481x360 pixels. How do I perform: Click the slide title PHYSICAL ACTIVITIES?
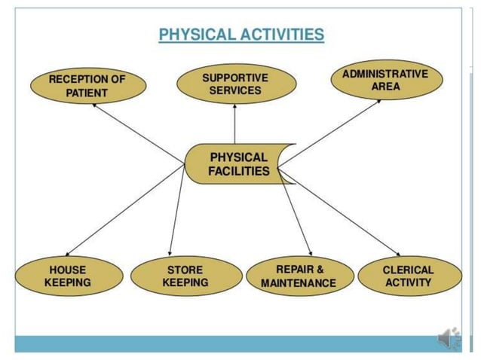tap(241, 35)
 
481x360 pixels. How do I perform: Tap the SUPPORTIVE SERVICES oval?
tap(234, 84)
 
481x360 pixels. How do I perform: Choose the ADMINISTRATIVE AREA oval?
tap(384, 81)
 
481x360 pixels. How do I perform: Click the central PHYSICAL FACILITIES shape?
tap(238, 164)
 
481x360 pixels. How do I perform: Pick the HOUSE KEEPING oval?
tap(67, 276)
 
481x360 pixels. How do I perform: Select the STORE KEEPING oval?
tap(185, 276)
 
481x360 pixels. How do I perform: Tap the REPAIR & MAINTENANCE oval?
tap(299, 276)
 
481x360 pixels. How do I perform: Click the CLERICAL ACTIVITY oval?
tap(408, 276)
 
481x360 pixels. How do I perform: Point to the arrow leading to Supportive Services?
tap(234, 124)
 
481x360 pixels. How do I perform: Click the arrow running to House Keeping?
tap(124, 211)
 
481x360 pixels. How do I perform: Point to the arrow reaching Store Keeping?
tap(176, 211)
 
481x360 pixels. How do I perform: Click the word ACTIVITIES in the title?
tap(284, 35)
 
